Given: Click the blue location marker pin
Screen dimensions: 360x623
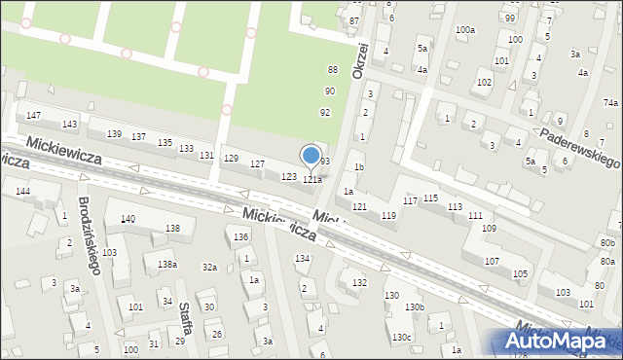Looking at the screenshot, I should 311,156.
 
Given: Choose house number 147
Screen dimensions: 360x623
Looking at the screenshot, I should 34,116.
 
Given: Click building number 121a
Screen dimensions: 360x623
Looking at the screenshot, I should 311,180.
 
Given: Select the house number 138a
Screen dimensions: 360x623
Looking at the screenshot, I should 167,265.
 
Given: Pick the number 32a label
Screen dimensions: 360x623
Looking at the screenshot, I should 209,267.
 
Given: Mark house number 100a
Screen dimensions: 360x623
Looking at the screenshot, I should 465,30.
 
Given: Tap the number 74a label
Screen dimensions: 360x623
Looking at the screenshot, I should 610,103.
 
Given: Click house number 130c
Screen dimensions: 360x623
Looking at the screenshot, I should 402,337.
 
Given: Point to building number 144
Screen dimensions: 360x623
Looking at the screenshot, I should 22,192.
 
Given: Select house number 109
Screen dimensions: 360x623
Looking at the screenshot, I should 489,228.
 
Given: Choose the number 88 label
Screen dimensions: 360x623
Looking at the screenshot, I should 333,69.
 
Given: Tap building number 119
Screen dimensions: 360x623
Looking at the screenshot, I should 388,215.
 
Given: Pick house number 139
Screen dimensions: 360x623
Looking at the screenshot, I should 114,133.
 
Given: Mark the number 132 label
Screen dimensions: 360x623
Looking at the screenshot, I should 359,282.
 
